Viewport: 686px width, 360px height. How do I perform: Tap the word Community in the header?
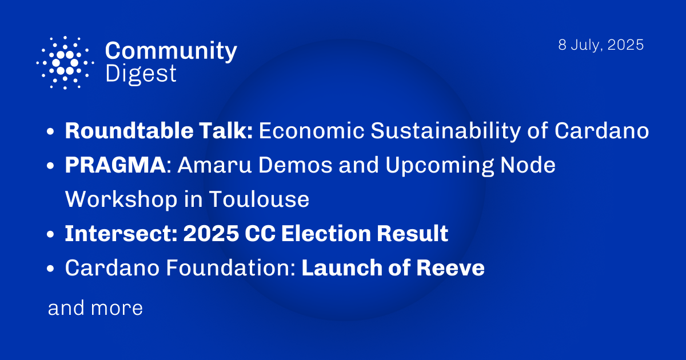pyautogui.click(x=171, y=51)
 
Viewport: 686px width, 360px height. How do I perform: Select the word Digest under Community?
pyautogui.click(x=141, y=74)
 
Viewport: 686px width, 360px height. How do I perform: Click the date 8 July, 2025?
pyautogui.click(x=601, y=45)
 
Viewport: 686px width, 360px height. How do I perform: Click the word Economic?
pyautogui.click(x=311, y=131)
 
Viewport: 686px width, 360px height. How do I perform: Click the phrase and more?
pyautogui.click(x=95, y=309)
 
